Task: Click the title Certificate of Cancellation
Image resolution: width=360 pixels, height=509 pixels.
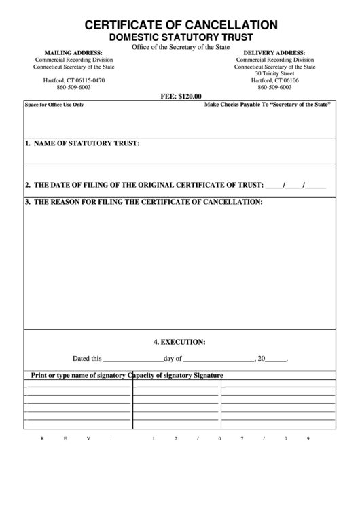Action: click(181, 25)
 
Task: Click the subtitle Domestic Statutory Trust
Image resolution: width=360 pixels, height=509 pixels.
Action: click(181, 37)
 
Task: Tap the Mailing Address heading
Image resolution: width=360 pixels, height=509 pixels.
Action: click(73, 52)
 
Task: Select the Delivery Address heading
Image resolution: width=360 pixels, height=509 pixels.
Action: click(274, 52)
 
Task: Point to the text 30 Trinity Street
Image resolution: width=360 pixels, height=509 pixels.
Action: click(274, 73)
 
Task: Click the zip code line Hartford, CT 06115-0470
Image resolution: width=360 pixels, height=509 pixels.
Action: click(74, 80)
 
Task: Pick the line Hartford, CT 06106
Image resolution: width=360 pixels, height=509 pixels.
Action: click(274, 80)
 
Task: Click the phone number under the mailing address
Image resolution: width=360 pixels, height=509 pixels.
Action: click(74, 88)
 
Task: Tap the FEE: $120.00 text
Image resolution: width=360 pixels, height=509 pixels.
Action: click(181, 96)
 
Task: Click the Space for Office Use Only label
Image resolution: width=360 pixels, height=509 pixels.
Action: click(54, 105)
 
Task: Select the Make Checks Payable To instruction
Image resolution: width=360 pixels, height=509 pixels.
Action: click(267, 105)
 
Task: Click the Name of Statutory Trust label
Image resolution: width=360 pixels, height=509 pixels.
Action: click(82, 144)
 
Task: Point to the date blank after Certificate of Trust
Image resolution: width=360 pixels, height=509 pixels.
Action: click(295, 185)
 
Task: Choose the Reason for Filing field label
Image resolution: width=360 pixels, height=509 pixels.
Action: click(143, 203)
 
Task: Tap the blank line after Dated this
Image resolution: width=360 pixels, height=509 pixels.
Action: click(132, 359)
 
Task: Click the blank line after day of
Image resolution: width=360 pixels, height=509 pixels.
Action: click(218, 359)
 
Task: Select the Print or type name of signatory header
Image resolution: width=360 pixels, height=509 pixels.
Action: click(79, 376)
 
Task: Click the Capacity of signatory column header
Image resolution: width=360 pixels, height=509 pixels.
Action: click(160, 376)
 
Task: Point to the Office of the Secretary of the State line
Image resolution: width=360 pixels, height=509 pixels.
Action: click(181, 46)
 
